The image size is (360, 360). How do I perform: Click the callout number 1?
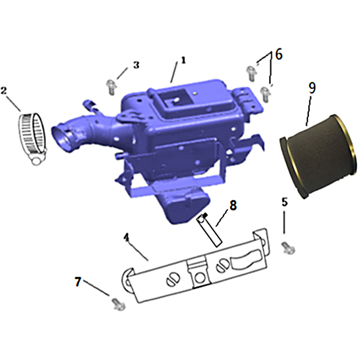[183, 60]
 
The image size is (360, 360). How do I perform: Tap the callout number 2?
[4, 90]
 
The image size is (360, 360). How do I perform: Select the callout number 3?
[136, 65]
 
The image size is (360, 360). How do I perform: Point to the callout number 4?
[126, 238]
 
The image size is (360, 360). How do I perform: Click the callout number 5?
[285, 202]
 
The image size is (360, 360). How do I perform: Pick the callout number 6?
[279, 54]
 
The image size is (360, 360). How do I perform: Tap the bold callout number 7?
[78, 282]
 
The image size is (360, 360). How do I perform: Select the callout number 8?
[233, 205]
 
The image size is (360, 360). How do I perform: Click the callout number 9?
[312, 88]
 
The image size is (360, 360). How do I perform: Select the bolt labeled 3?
[111, 87]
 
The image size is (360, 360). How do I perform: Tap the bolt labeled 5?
[288, 248]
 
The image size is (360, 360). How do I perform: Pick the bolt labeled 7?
[119, 304]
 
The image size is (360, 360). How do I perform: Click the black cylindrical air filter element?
[319, 157]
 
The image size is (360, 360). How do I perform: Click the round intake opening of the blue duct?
[60, 139]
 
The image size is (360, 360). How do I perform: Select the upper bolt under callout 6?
[252, 73]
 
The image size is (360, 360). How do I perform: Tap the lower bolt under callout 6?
[265, 94]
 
